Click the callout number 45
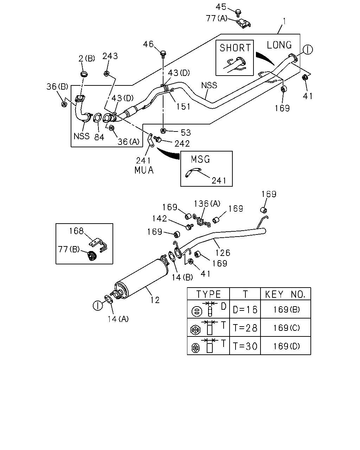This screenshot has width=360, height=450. [221, 7]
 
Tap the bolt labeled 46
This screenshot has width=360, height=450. [163, 53]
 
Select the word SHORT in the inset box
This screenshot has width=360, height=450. [235, 48]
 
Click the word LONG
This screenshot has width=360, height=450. [279, 45]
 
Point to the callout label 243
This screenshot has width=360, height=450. [110, 56]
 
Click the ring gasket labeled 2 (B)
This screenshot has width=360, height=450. [84, 74]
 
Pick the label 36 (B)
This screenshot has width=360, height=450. [57, 86]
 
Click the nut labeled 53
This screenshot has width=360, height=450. [163, 131]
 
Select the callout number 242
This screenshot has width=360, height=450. [182, 144]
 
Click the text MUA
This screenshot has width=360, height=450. [144, 170]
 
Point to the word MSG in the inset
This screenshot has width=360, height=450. [200, 160]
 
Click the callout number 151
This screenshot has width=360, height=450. [183, 107]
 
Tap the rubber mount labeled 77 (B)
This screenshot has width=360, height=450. [91, 256]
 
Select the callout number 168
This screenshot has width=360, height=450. [76, 231]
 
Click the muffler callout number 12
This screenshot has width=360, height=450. [155, 300]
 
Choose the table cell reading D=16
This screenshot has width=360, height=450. [245, 310]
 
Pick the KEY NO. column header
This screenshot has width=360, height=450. [285, 295]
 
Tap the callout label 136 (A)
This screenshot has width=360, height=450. [207, 204]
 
